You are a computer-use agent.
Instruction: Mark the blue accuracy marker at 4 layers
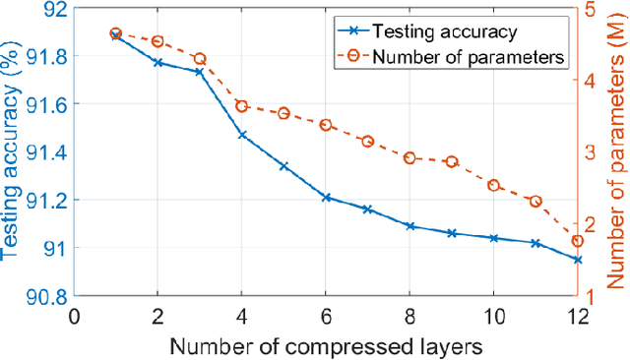click(x=242, y=135)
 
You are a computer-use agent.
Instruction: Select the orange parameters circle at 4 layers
click(x=242, y=106)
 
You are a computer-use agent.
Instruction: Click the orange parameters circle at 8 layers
click(x=409, y=157)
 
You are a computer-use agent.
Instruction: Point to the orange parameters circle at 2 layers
click(x=157, y=41)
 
